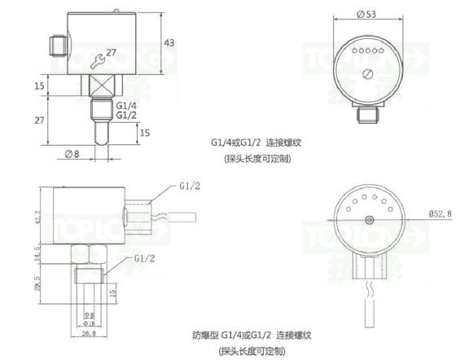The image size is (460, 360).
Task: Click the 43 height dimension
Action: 169,42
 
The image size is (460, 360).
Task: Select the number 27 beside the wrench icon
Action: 112,53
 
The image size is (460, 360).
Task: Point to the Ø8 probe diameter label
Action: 72,153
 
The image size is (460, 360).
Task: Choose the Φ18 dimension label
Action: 90,323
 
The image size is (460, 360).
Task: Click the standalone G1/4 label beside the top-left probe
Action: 126,106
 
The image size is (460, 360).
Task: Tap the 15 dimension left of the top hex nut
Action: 39,85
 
